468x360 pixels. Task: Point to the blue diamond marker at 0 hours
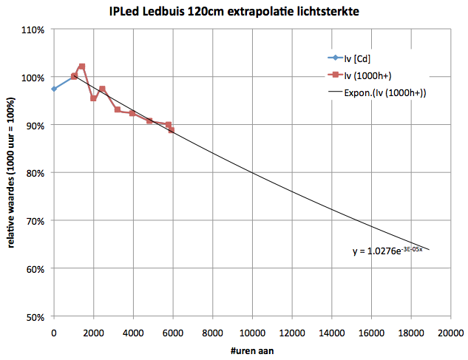[54, 89]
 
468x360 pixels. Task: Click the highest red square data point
[82, 67]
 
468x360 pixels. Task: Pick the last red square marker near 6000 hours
[172, 130]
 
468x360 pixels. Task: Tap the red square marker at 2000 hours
[93, 98]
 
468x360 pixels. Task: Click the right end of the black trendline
[429, 250]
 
